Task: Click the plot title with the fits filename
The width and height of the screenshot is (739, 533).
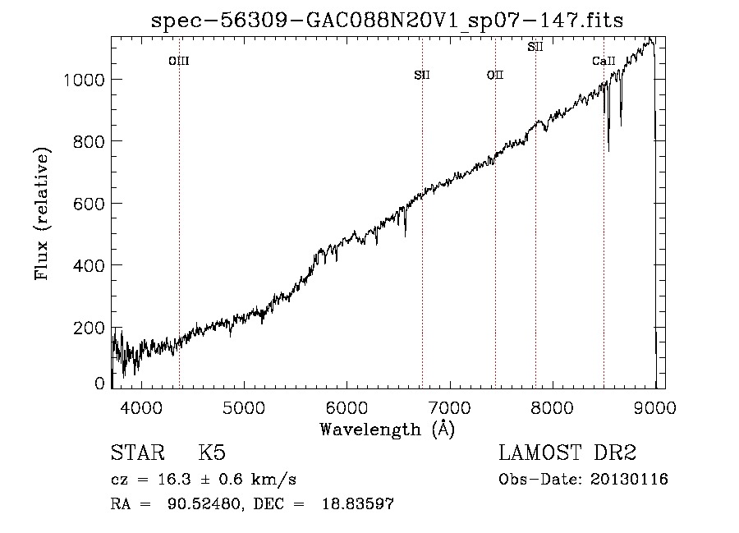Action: coord(388,21)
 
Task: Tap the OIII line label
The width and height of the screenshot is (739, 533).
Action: coord(179,61)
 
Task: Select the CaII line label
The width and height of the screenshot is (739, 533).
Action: coord(604,61)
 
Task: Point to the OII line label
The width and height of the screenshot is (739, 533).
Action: coord(495,75)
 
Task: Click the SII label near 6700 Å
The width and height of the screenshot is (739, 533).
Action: coord(422,75)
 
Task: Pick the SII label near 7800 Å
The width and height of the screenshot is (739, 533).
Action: coord(535,47)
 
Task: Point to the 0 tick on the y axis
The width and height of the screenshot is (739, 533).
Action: coord(99,384)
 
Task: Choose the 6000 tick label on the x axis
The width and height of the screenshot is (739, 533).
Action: coord(347,407)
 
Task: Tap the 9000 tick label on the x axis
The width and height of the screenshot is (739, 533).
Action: coord(654,407)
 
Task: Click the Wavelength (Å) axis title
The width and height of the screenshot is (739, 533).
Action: coord(388,430)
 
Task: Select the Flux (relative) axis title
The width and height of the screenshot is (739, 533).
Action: coord(42,214)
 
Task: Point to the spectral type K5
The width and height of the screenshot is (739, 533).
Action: coord(212,453)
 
